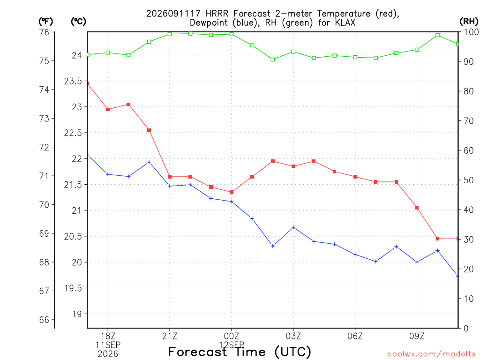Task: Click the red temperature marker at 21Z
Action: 170,177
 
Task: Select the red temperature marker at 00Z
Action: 232,192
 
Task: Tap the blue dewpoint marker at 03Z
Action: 293,227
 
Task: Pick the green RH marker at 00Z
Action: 232,34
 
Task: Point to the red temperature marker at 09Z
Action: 417,208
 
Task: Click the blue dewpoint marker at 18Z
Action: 108,174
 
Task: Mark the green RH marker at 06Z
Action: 355,57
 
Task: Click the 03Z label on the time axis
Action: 293,337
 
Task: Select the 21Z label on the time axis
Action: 170,337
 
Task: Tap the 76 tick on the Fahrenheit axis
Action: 44,32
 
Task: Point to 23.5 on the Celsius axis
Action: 73,81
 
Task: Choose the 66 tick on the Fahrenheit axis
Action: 44,320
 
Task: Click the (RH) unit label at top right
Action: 469,22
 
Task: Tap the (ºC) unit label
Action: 78,22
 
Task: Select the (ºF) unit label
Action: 45,22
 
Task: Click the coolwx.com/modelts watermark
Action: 431,354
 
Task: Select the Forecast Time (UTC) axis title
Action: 240,352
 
